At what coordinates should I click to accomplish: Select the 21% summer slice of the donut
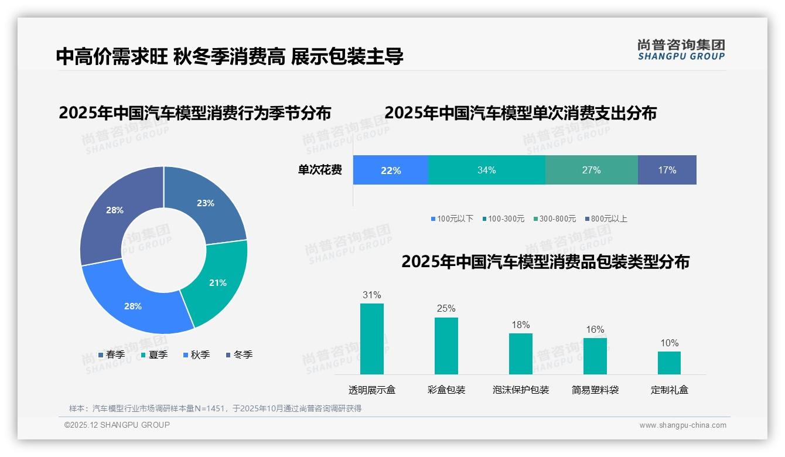point(217,282)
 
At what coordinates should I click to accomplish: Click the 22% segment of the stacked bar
point(391,170)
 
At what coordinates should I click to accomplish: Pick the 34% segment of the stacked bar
point(486,170)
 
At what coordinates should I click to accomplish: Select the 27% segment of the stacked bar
point(591,170)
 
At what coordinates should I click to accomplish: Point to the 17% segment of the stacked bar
point(667,170)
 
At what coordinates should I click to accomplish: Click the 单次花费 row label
point(320,170)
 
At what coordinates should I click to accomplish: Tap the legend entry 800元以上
point(606,219)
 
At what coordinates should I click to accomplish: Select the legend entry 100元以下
point(452,219)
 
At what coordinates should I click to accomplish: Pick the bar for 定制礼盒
point(669,363)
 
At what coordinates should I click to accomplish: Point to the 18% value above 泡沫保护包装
point(520,325)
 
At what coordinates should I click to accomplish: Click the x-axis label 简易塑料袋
point(595,390)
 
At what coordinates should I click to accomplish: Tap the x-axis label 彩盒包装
point(446,390)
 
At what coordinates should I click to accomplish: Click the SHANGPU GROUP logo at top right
point(681,50)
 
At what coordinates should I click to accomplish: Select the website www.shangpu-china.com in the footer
point(682,425)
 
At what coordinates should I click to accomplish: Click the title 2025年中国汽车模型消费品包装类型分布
point(545,262)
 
